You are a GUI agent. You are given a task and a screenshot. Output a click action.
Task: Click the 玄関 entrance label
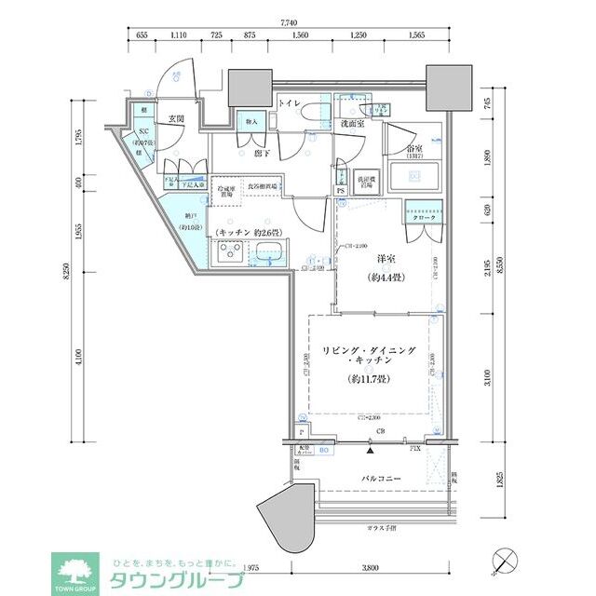[176, 118]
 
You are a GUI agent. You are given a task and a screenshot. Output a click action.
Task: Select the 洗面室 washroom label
[351, 124]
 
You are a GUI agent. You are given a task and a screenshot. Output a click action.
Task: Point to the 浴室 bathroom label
[414, 150]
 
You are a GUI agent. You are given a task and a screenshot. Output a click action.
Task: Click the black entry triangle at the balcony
[372, 451]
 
